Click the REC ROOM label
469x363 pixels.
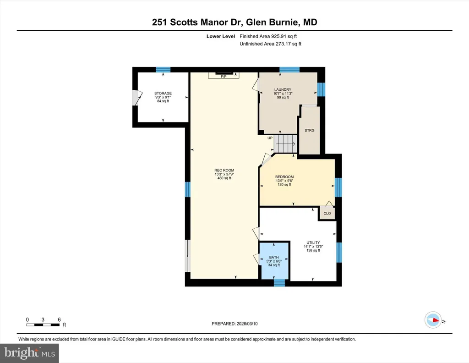(x=224, y=170)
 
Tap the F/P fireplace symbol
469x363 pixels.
(x=224, y=75)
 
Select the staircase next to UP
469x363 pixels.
(x=285, y=144)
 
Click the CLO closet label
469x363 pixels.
(x=327, y=214)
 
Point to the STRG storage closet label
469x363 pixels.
(x=309, y=131)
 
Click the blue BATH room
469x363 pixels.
(x=274, y=261)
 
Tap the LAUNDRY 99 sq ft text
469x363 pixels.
(x=283, y=97)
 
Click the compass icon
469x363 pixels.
(x=433, y=320)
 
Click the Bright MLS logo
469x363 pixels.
(x=29, y=353)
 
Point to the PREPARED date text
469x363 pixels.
(x=234, y=324)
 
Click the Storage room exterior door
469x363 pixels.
(x=136, y=98)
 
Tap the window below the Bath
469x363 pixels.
(x=279, y=283)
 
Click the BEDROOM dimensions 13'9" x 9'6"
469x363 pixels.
(x=284, y=181)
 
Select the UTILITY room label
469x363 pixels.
(x=313, y=243)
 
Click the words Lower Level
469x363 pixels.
(x=221, y=36)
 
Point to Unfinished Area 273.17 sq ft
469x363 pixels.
(x=270, y=44)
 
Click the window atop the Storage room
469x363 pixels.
(x=163, y=70)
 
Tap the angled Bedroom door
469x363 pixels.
(x=267, y=159)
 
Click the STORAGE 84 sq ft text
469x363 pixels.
(x=163, y=101)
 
